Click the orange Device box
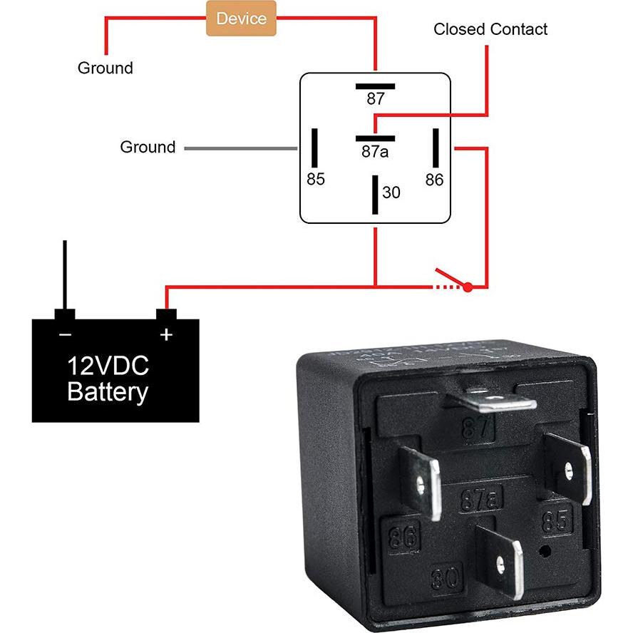pos(240,18)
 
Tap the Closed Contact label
pos(490,29)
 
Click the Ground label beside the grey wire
pos(148,147)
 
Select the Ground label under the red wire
pos(105,68)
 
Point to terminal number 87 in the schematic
pos(375,99)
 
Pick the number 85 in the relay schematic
pos(315,180)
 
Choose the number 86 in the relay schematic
pos(434,180)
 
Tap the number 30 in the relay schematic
pos(391,192)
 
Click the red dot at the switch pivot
pos(468,287)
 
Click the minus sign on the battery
pos(65,334)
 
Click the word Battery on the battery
pos(108,392)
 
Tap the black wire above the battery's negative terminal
pos(65,274)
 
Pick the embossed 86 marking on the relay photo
pos(403,536)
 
